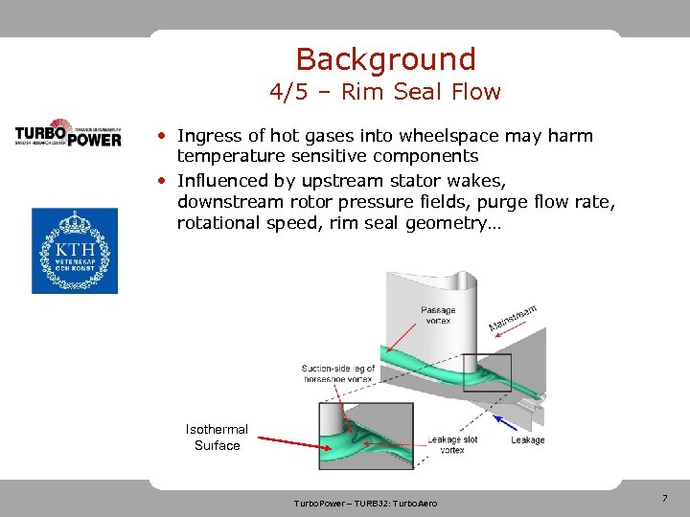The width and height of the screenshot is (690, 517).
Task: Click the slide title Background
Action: click(x=385, y=59)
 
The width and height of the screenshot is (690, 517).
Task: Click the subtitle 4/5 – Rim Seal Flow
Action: click(x=385, y=93)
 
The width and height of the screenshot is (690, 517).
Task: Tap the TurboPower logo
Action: click(x=68, y=133)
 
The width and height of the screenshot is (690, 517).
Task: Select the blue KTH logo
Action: click(x=75, y=250)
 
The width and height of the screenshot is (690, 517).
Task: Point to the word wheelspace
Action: click(x=440, y=136)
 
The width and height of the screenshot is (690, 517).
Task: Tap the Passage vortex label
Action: click(x=438, y=315)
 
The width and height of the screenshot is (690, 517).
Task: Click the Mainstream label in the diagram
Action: click(x=513, y=318)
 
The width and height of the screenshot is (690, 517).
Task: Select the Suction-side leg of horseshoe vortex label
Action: click(x=338, y=373)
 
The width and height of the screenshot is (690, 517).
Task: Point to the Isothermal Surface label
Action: click(x=217, y=438)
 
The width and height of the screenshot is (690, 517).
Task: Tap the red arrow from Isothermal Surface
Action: click(x=292, y=442)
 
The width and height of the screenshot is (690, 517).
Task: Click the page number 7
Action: click(x=664, y=499)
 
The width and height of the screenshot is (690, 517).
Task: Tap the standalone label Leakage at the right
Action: click(x=527, y=440)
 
